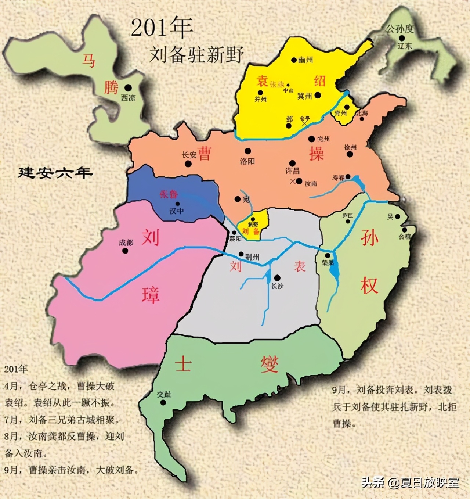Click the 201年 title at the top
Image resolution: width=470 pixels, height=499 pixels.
[162, 28]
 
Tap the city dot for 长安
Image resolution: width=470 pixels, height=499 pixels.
[188, 164]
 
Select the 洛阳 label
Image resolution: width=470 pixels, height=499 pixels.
[247, 161]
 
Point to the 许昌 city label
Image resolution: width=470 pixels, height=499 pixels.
[292, 171]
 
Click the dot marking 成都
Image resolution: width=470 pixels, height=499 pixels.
[125, 251]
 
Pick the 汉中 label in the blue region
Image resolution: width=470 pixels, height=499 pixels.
[177, 211]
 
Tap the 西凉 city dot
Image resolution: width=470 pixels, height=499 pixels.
[128, 88]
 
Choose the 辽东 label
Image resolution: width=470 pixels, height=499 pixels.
[405, 46]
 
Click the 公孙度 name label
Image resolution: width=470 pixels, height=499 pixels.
[399, 29]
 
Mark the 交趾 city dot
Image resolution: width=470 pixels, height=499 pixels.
[163, 402]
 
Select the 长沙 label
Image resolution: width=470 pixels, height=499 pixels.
[277, 286]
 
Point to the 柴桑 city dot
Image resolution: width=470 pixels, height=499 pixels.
[328, 255]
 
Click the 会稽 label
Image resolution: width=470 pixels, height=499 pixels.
[405, 237]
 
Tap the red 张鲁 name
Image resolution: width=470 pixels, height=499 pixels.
[169, 194]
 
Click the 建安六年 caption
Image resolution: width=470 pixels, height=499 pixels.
[55, 173]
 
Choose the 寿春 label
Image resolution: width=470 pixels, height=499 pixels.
[338, 177]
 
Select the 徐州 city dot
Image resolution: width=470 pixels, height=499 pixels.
[350, 154]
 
